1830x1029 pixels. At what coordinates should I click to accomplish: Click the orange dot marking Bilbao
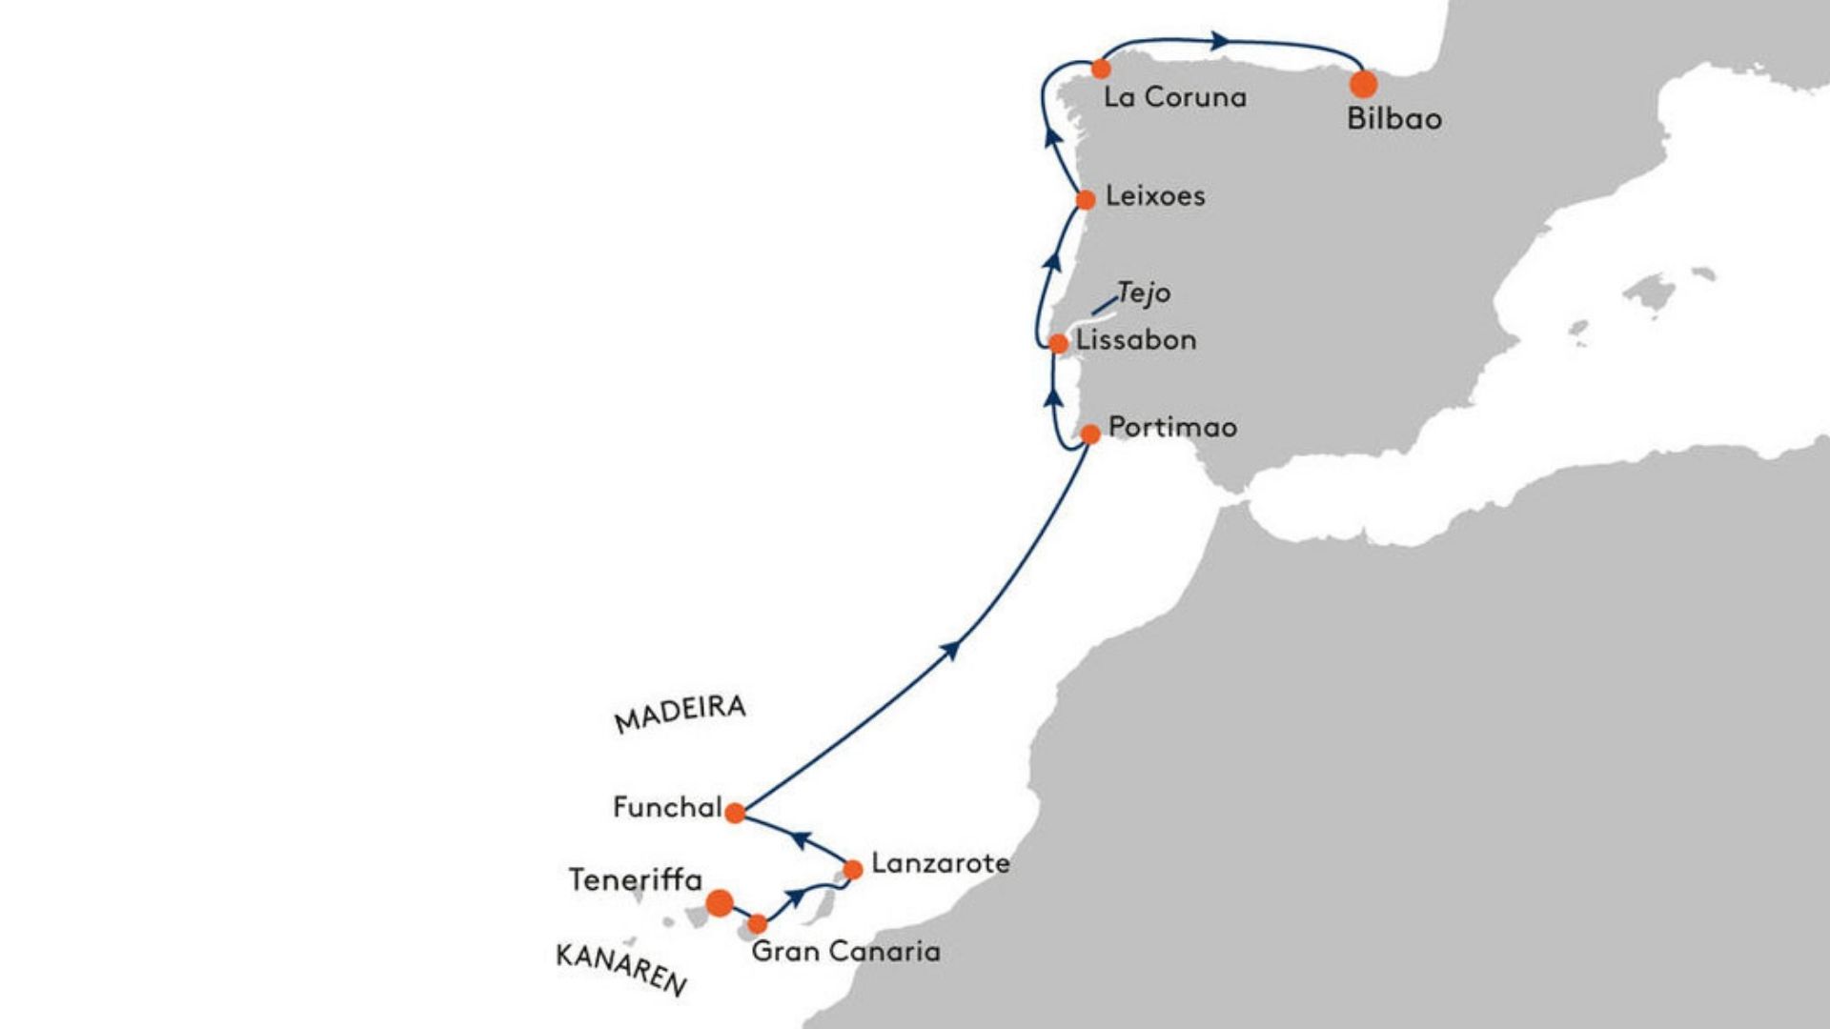pos(1364,84)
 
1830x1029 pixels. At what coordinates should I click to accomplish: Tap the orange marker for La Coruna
pos(1101,69)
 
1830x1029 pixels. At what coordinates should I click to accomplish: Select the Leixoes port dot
pos(1086,200)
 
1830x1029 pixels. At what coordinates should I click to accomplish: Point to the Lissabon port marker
pos(1058,344)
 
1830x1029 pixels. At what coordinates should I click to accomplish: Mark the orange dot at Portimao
pos(1090,434)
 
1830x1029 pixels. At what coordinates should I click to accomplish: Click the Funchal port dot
pos(735,813)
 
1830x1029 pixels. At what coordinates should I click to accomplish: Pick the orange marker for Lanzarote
pos(853,869)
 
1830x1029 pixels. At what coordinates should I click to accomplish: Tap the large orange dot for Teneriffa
pos(720,902)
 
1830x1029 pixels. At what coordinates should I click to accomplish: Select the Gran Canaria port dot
pos(757,924)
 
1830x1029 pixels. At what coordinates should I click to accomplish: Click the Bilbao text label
pos(1394,119)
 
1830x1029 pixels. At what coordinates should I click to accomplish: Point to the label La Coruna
pos(1175,97)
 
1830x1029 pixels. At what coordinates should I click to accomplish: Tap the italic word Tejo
pos(1144,293)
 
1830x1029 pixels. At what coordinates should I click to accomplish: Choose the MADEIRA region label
pos(681,714)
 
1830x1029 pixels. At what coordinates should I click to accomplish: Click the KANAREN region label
pos(621,969)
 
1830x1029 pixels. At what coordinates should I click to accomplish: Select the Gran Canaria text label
pos(846,951)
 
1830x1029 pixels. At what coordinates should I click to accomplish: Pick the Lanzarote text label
pos(941,863)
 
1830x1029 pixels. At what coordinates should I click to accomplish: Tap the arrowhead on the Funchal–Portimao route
pos(950,649)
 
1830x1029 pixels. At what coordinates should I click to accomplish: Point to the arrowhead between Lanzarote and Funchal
pos(802,839)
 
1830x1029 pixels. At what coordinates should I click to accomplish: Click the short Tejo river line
pos(1104,306)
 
